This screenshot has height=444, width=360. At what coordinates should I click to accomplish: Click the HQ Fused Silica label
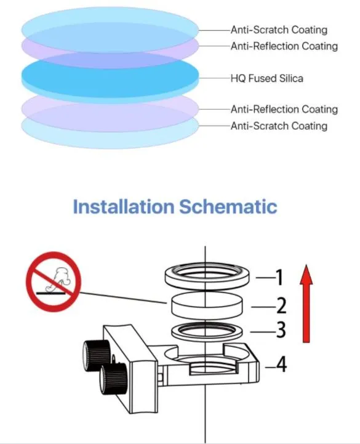point(266,78)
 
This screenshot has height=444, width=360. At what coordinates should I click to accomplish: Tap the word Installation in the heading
point(124,206)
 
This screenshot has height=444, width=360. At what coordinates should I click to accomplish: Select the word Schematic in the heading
point(228,206)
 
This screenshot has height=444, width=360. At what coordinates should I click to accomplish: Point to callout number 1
point(279,277)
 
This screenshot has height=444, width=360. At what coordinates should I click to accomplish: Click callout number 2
point(281,306)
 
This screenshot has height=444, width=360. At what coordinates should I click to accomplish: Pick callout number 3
point(281,330)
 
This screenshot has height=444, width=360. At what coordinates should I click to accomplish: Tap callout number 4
point(281,364)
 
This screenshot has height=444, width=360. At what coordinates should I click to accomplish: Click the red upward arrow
point(306,304)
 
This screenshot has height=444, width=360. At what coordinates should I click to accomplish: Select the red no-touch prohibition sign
point(54,282)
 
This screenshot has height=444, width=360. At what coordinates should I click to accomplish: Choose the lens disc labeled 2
point(207,306)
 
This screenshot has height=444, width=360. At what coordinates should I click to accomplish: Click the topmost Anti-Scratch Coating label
point(279,30)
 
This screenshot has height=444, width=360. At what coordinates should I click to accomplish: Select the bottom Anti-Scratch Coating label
point(279,126)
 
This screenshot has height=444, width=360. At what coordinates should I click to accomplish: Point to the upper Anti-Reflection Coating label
point(284,46)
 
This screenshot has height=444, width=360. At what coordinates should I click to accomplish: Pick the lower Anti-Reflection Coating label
point(284,109)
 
